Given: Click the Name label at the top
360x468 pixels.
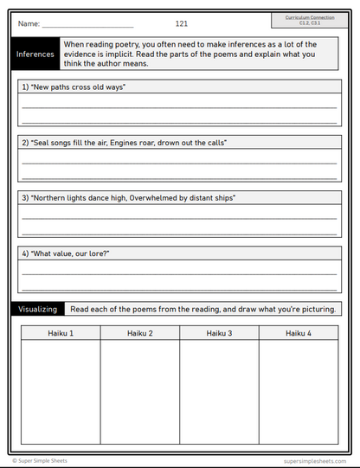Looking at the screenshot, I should [x=28, y=24].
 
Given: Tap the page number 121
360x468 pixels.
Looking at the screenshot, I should [x=181, y=24].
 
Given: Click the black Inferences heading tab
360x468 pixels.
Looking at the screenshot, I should [x=35, y=54].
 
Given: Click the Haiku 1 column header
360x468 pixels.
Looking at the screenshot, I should [x=60, y=333].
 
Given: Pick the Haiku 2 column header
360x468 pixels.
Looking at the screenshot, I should [x=139, y=333].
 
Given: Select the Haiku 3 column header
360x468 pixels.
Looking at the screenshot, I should [x=218, y=333].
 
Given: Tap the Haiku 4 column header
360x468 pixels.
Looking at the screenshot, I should [x=298, y=333].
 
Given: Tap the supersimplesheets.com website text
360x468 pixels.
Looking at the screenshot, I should [x=315, y=461].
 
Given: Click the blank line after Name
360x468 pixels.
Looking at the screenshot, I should [x=87, y=26].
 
